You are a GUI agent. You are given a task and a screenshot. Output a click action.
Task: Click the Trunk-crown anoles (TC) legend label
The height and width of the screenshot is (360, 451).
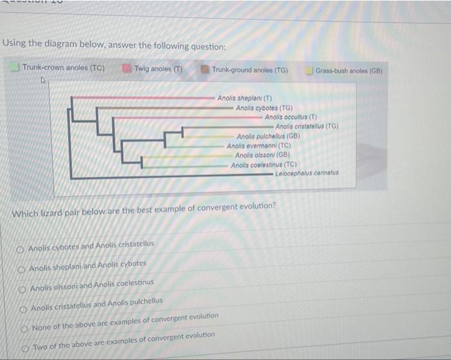(64, 68)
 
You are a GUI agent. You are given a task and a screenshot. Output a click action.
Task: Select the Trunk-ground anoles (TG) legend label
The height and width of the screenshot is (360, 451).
(249, 70)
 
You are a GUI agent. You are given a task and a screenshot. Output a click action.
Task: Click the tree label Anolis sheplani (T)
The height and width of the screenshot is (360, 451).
(244, 99)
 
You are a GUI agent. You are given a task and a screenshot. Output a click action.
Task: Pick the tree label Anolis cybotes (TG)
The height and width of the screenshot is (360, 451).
(264, 108)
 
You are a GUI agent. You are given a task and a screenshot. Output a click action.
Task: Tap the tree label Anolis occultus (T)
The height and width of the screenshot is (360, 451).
(291, 117)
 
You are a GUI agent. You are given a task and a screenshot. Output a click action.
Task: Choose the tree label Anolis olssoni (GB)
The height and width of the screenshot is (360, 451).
(261, 155)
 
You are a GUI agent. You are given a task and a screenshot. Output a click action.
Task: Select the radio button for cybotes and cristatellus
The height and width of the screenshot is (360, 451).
(23, 247)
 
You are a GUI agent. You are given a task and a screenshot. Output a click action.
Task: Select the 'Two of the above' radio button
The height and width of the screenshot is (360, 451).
(26, 346)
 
